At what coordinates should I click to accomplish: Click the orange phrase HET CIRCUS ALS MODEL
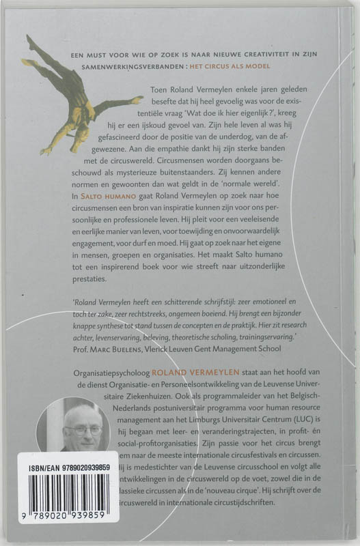pos(233,66)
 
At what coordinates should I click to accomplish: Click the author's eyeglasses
pos(83,431)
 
